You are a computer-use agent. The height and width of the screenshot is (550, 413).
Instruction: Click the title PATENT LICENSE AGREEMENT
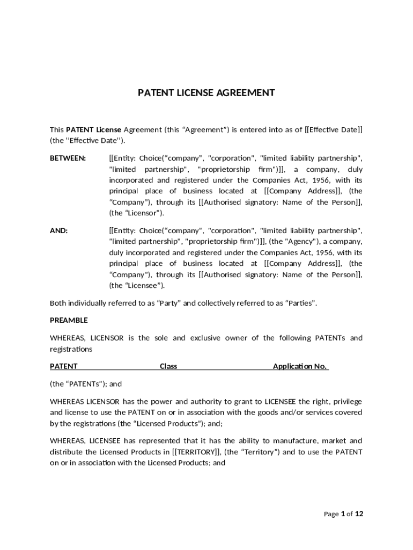click(206, 93)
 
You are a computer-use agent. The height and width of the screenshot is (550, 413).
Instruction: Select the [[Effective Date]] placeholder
click(334, 129)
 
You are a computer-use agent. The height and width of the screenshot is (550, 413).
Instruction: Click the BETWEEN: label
click(68, 158)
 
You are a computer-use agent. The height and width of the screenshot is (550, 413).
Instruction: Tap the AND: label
click(58, 230)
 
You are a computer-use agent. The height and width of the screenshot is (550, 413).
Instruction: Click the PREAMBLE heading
click(69, 320)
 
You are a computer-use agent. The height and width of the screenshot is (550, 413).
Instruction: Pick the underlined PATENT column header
click(64, 366)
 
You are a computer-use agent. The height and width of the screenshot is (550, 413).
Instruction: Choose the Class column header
click(168, 366)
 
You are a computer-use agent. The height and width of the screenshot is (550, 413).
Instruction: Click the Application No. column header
click(300, 366)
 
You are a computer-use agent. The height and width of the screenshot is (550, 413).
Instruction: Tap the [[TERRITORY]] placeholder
click(194, 452)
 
